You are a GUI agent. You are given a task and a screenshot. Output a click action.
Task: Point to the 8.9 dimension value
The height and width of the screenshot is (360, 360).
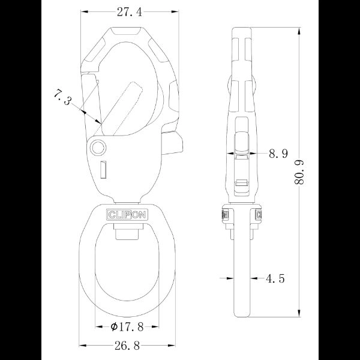(x=278, y=154)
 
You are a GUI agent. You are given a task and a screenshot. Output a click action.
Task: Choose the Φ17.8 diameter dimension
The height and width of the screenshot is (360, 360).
(x=127, y=326)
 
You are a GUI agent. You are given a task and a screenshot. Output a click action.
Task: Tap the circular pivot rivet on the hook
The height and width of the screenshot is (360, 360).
(x=97, y=146)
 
